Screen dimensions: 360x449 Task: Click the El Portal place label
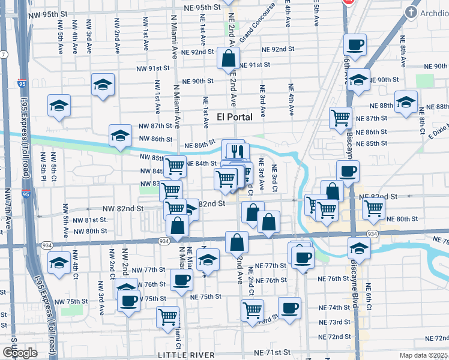click(235, 116)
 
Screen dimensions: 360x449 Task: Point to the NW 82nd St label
click(123, 208)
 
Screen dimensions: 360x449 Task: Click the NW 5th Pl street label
click(44, 168)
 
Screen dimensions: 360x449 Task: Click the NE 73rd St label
click(339, 322)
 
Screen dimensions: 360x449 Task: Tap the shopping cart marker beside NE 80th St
click(374, 209)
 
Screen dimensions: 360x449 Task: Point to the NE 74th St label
click(339, 307)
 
